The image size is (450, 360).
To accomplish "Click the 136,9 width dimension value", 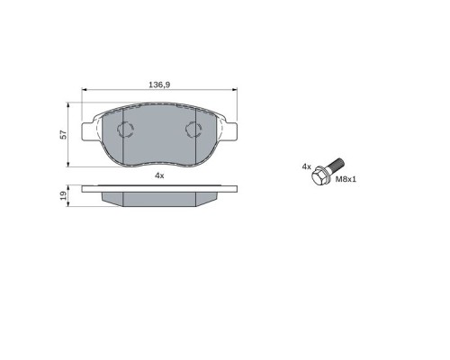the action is click(159, 85).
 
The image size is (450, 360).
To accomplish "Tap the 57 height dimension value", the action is click(64, 134).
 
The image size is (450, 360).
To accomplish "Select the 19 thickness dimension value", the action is click(64, 196).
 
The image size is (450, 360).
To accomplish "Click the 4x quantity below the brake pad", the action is click(159, 175).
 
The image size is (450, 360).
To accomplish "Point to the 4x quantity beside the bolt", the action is click(307, 166).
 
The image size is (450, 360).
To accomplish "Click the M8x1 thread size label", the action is click(346, 179).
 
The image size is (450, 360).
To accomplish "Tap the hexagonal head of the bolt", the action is click(319, 176).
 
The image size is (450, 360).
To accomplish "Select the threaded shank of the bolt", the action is click(336, 165).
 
